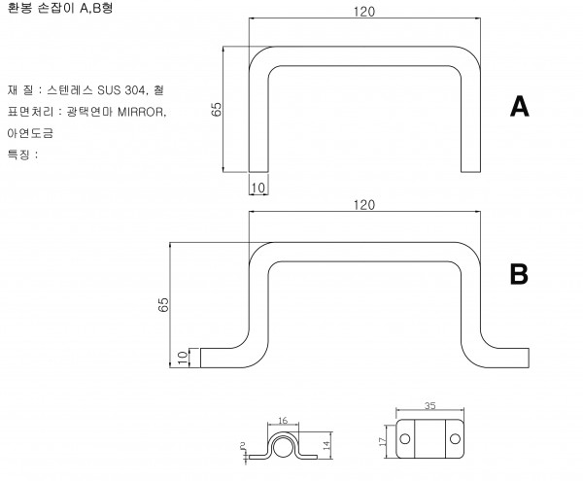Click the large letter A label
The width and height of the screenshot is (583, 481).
[x=520, y=106]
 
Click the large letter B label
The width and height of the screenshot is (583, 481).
[x=519, y=274]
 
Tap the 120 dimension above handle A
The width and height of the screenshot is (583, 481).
[x=364, y=12]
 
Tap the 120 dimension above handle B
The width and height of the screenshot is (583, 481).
[x=364, y=205]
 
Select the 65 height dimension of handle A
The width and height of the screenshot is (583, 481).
[x=216, y=109]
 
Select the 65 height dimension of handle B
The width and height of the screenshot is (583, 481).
[x=163, y=305]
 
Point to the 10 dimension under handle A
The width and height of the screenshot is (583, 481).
[x=258, y=189]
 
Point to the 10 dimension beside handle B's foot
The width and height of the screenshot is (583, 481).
[x=183, y=358]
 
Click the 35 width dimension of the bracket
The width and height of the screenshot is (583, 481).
[x=429, y=405]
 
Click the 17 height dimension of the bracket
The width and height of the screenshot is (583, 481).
[x=382, y=441]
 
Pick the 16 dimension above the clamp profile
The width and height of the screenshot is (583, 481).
[x=283, y=421]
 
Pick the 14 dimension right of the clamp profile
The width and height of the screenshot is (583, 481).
[x=326, y=445]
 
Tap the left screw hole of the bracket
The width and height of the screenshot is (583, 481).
[x=405, y=439]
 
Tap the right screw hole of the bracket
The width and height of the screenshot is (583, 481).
[x=455, y=439]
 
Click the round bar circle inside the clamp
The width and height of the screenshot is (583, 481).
[x=282, y=448]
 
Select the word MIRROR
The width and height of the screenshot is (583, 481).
[x=141, y=112]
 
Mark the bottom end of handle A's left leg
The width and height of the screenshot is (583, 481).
[x=258, y=172]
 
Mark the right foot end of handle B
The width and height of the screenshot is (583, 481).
[x=529, y=358]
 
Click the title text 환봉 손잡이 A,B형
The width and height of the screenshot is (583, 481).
[x=60, y=8]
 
